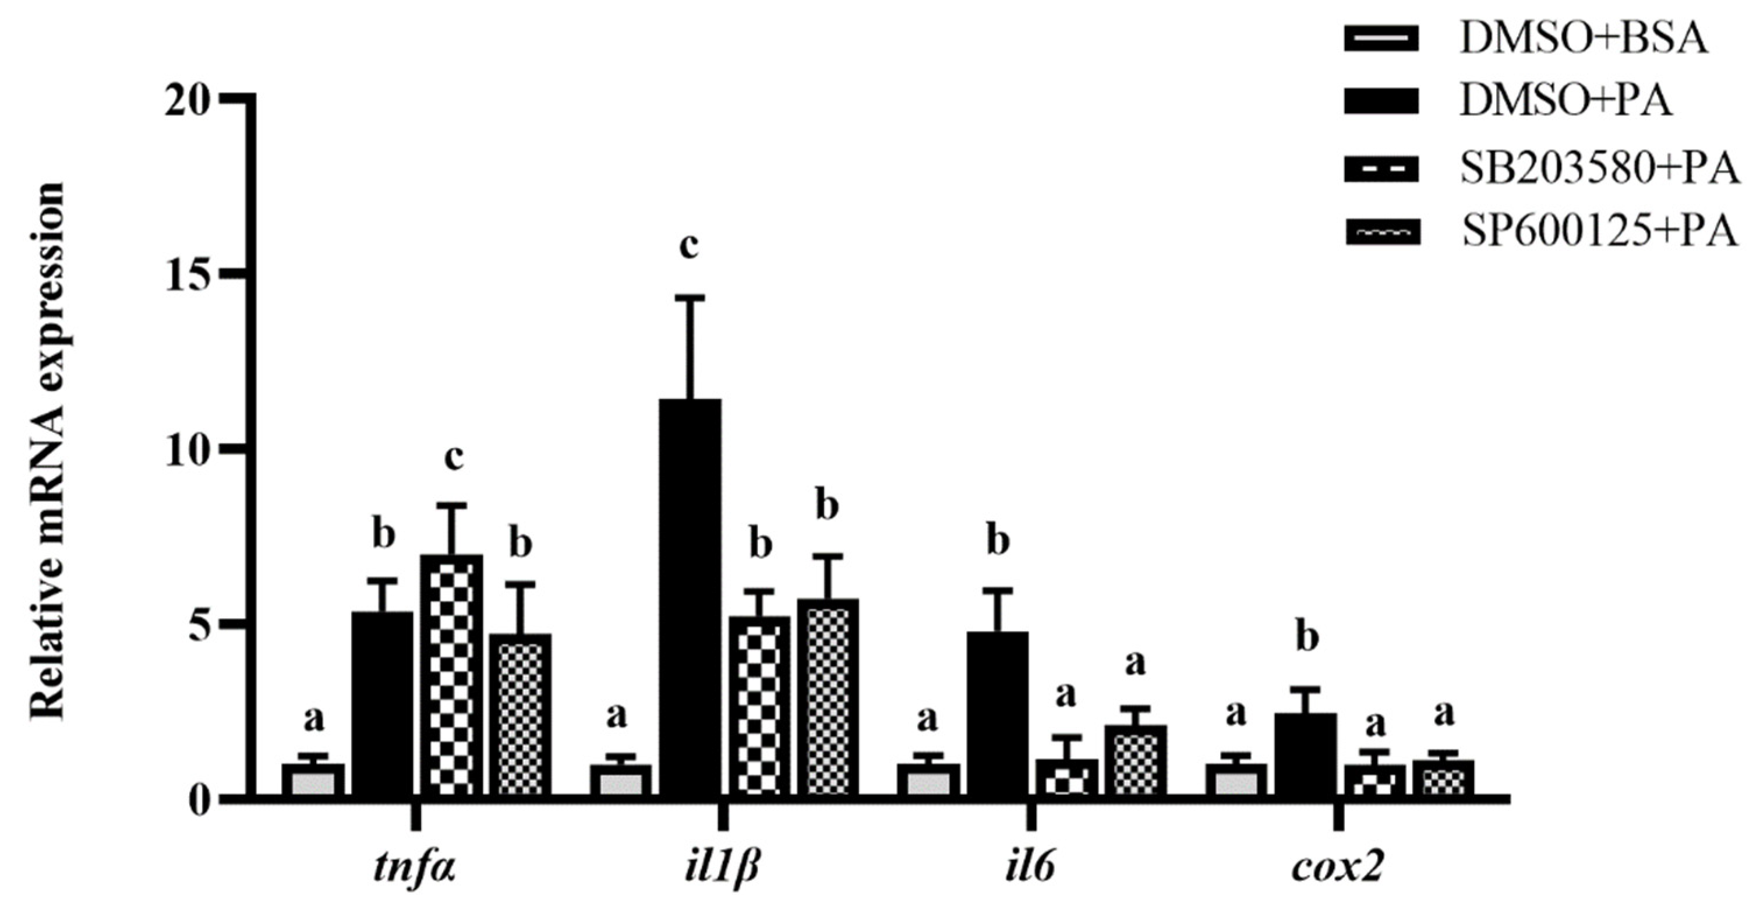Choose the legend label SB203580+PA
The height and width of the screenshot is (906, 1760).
point(1599,170)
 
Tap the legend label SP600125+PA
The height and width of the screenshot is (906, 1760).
point(1599,233)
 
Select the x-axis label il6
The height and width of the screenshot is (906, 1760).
point(1030,869)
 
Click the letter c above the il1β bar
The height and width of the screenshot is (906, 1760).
point(689,246)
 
